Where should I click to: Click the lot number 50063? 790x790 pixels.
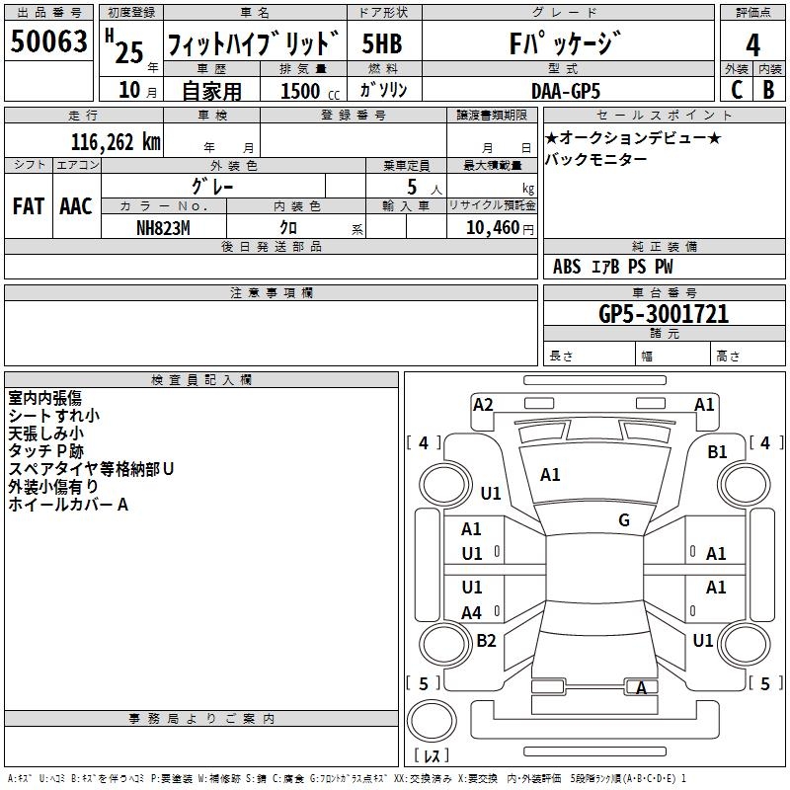click(x=48, y=42)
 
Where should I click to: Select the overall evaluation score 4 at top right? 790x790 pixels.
click(x=753, y=44)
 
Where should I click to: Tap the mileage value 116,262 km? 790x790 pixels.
click(x=115, y=142)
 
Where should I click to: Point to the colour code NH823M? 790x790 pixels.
click(x=162, y=227)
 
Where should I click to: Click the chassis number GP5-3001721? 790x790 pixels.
click(x=664, y=315)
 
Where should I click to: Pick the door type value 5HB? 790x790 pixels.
click(x=382, y=44)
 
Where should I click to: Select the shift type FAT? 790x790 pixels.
click(x=29, y=206)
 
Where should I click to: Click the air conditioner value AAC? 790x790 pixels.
click(x=76, y=206)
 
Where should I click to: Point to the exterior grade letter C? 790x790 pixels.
click(x=736, y=89)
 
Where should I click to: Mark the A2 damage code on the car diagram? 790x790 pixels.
click(x=483, y=404)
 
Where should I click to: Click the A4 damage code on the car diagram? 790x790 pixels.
click(x=472, y=613)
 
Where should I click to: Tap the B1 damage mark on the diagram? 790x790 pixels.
click(x=717, y=452)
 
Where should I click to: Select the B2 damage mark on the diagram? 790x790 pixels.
click(x=486, y=640)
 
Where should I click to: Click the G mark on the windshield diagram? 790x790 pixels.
click(x=624, y=520)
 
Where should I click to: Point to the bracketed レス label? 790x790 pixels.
click(x=431, y=755)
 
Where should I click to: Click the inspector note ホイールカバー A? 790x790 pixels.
click(x=68, y=505)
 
